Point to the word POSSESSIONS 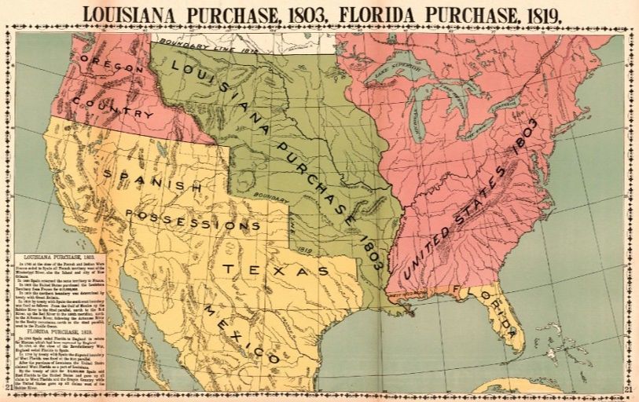click(x=193, y=220)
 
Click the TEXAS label click(x=275, y=269)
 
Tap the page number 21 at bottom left click(x=9, y=388)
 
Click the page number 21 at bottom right click(x=628, y=388)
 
